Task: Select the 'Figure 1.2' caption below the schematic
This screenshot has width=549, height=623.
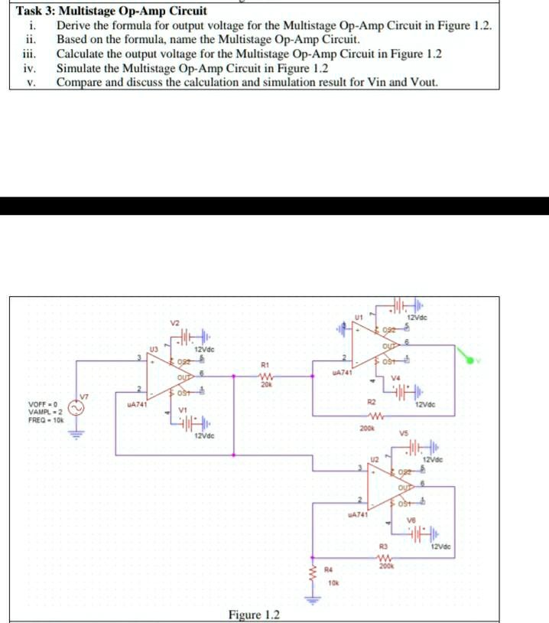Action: (x=255, y=615)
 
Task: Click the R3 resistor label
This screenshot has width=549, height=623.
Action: (x=385, y=544)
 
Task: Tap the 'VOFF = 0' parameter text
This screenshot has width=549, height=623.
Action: (x=44, y=405)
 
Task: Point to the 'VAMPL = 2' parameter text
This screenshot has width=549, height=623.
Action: (x=46, y=413)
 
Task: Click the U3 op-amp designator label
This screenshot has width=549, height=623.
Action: (x=153, y=348)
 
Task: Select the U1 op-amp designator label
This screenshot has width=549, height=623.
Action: (x=358, y=315)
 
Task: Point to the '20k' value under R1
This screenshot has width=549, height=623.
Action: (x=265, y=385)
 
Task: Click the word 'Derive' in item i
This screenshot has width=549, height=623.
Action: (x=74, y=25)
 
